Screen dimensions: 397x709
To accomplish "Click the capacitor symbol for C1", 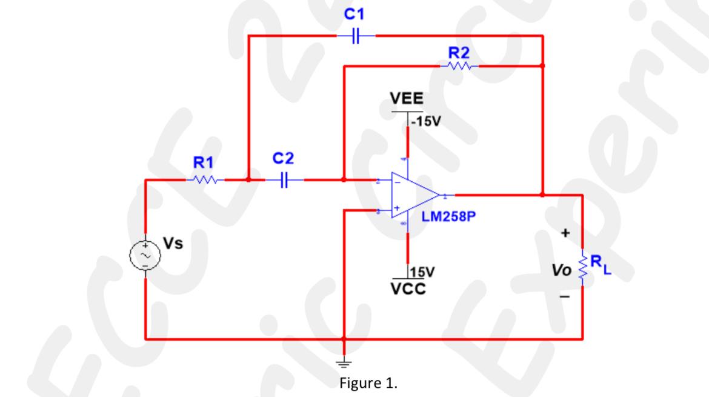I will [356, 36].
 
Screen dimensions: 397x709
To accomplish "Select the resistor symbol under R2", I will [459, 65].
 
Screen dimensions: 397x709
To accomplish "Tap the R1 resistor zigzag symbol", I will [204, 179].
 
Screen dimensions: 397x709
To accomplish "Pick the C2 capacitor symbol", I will [284, 179].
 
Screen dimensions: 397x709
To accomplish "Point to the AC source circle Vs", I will [145, 256].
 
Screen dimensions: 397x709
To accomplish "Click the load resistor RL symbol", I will [583, 267].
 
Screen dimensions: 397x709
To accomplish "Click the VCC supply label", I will [407, 288].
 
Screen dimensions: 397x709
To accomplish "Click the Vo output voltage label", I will [564, 267].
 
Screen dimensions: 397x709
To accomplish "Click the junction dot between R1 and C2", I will [248, 179].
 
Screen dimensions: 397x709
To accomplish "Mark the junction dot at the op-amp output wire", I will [542, 195].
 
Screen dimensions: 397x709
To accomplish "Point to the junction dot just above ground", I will [344, 339].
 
